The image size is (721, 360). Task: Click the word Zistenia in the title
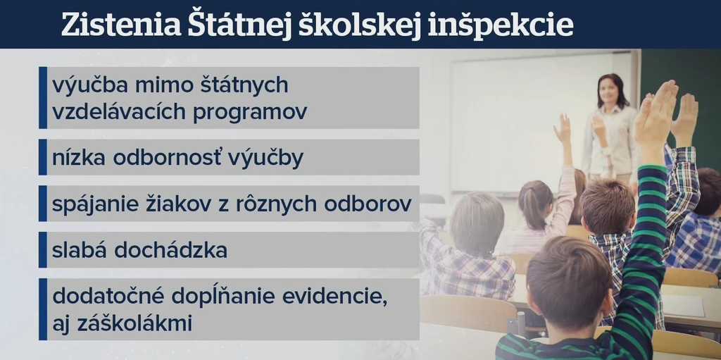click(121, 25)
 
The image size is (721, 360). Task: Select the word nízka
click(79, 157)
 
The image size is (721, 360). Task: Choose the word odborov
click(368, 204)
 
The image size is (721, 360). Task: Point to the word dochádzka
click(170, 250)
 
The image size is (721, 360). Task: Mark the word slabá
click(80, 250)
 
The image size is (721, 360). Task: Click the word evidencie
click(334, 297)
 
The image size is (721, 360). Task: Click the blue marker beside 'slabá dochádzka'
click(43, 250)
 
